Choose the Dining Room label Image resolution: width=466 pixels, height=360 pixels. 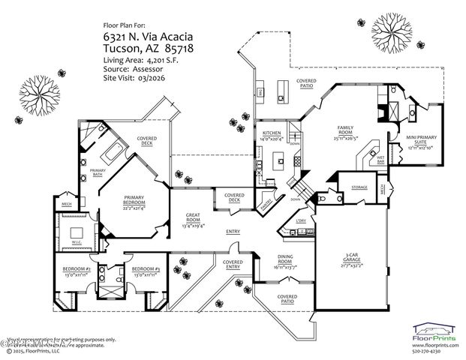pyautogui.click(x=283, y=263)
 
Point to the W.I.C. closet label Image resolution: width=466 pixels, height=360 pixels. pyautogui.click(x=77, y=242)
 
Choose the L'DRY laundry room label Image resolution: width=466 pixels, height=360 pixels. pyautogui.click(x=300, y=220)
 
